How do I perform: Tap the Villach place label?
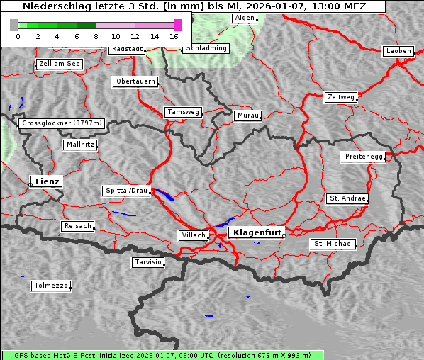(x=192, y=235)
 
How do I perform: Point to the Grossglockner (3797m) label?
(x=62, y=123)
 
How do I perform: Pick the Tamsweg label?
(x=184, y=112)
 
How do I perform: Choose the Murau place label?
(x=248, y=116)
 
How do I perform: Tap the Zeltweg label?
(x=340, y=96)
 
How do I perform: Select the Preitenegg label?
(x=364, y=157)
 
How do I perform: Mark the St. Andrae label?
(x=347, y=198)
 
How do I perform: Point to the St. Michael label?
(x=333, y=244)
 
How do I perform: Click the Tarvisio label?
(x=148, y=262)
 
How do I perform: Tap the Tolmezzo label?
(x=51, y=286)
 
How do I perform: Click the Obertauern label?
(x=135, y=81)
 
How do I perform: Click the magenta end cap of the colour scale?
(x=177, y=25)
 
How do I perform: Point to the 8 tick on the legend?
(x=96, y=35)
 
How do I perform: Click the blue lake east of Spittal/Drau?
(x=163, y=194)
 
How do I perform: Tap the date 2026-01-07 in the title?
(x=311, y=6)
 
